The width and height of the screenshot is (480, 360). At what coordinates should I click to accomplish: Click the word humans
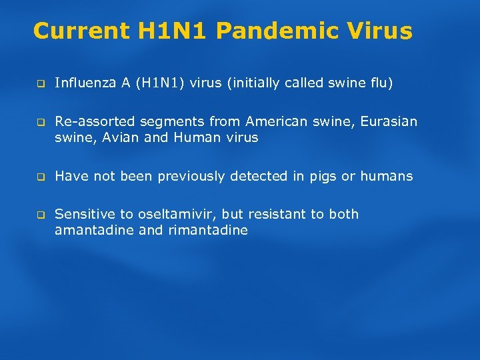pos(387,177)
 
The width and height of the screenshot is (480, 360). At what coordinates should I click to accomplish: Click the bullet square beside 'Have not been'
pos(39,177)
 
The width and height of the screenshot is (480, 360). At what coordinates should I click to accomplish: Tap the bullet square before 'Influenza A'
pos(39,84)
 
